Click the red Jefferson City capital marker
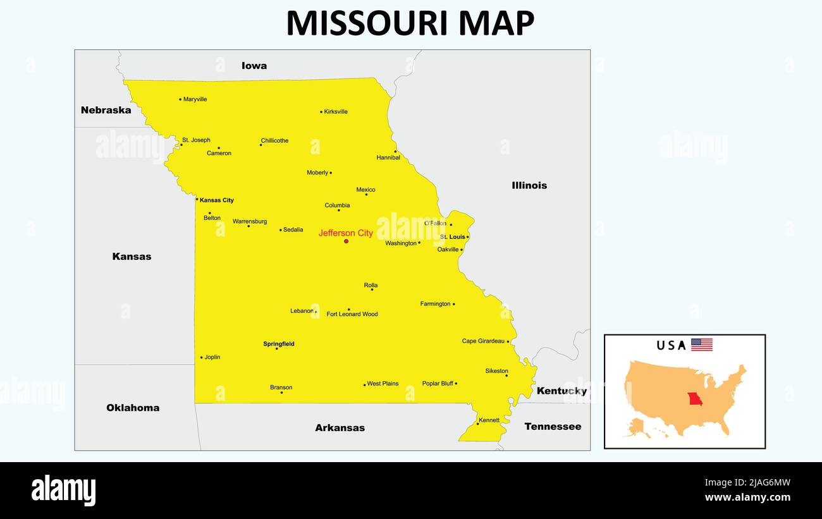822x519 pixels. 346,241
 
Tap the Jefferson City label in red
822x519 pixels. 345,233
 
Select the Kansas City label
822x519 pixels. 217,200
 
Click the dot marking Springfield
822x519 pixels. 276,348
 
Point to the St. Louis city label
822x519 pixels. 453,237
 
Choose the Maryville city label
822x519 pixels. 195,99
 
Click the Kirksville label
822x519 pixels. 336,112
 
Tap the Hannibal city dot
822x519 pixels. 396,151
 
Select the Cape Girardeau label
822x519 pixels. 483,341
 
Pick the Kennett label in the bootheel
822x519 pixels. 489,420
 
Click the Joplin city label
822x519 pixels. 212,357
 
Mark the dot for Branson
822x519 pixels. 281,393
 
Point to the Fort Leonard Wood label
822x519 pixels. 352,314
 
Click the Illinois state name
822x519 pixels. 529,185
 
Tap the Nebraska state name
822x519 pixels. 106,110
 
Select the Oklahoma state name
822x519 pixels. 133,408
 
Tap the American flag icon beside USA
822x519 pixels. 701,345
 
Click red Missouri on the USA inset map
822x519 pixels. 696,400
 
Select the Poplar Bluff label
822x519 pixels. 438,384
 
